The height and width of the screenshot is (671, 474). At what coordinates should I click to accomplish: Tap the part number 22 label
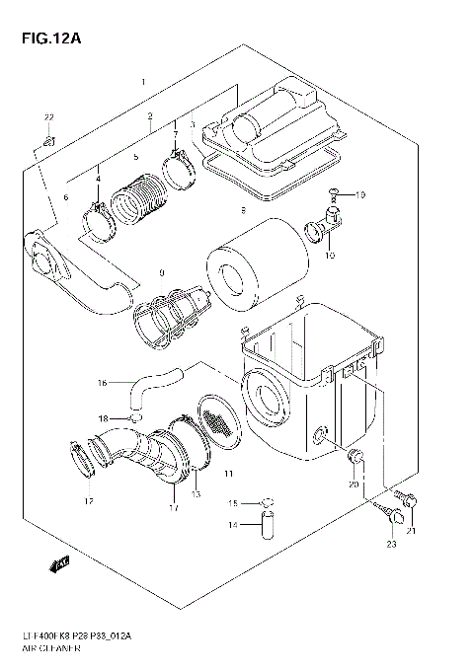(x=47, y=118)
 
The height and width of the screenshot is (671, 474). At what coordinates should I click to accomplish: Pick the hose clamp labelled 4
(x=101, y=218)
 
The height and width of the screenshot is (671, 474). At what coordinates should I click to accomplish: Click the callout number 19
(x=360, y=194)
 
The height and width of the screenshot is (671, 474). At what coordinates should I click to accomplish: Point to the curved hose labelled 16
(x=157, y=379)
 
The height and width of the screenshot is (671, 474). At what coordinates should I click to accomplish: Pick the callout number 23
(x=391, y=544)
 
